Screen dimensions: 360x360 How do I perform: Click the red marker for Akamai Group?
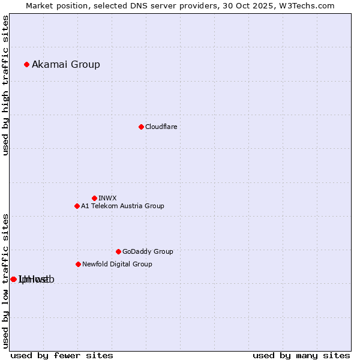tap(26, 64)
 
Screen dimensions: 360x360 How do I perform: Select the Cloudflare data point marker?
tap(141, 127)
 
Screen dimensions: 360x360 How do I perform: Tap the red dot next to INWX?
tap(94, 198)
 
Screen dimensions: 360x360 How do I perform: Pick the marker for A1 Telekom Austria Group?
tap(77, 206)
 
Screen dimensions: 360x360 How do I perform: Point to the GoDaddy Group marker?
tap(118, 251)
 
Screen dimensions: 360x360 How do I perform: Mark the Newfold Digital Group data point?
tap(78, 264)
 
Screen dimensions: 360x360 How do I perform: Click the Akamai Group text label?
tap(66, 64)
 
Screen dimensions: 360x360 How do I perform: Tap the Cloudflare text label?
tap(161, 127)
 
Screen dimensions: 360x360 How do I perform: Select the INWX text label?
tap(107, 198)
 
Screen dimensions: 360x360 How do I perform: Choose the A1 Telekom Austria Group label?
tap(122, 206)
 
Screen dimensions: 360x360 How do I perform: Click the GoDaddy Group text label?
tap(148, 251)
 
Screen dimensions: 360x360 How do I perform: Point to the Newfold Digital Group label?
tap(117, 264)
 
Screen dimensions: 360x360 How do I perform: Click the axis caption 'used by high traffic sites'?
tap(5, 85)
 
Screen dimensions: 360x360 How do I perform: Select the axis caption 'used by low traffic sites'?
tap(5, 281)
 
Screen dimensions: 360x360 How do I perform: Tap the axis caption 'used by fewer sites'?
tap(62, 355)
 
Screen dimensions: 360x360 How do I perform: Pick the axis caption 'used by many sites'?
tap(301, 355)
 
